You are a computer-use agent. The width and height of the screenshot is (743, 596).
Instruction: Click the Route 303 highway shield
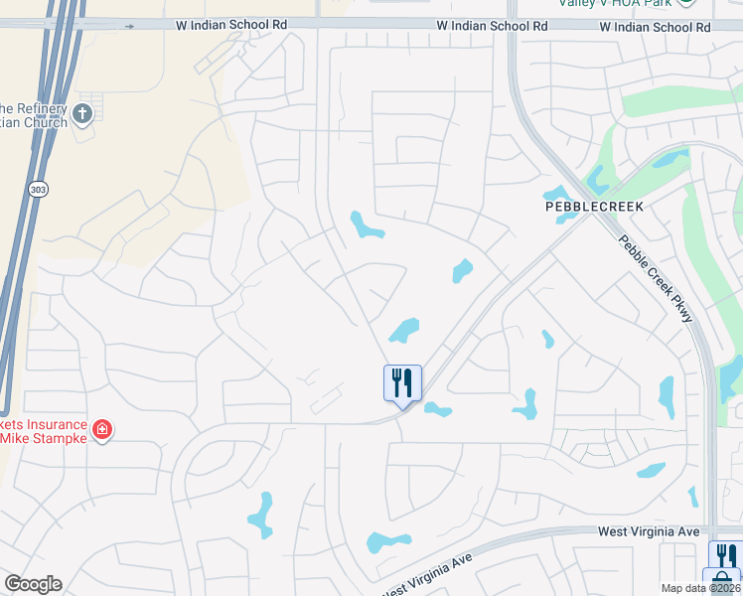pyautogui.click(x=38, y=189)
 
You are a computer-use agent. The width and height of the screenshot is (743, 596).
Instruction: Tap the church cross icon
pyautogui.click(x=82, y=113)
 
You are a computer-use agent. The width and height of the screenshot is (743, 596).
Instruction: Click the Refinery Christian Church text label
pyautogui.click(x=34, y=115)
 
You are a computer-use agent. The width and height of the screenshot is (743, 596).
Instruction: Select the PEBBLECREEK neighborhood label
pyautogui.click(x=595, y=207)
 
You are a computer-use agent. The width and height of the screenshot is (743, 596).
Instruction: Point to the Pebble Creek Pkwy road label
pyautogui.click(x=655, y=279)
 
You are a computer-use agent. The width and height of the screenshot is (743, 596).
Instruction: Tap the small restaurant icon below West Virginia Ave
pyautogui.click(x=726, y=554)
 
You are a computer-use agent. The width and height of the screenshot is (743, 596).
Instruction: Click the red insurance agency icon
pyautogui.click(x=101, y=430)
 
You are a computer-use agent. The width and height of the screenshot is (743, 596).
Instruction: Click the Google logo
pyautogui.click(x=33, y=584)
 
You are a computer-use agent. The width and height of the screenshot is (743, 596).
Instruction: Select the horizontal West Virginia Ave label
pyautogui.click(x=648, y=531)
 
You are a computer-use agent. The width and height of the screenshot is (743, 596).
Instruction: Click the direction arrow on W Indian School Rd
pyautogui.click(x=130, y=27)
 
